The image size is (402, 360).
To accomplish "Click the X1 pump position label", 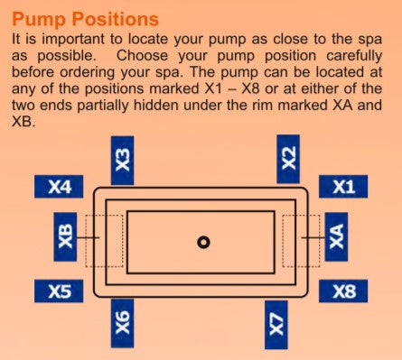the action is click(343, 187).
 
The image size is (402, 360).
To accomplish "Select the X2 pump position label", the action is click(288, 159).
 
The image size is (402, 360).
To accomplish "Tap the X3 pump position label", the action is click(122, 161).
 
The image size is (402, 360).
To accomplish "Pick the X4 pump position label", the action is click(59, 187).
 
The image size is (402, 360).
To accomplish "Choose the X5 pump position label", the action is click(59, 291).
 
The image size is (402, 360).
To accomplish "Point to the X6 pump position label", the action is click(122, 323).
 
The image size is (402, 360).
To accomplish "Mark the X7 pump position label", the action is click(276, 325).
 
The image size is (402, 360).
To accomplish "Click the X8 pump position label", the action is click(343, 291).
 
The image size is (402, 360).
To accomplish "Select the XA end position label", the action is click(336, 236).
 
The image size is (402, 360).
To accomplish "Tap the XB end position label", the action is click(65, 236).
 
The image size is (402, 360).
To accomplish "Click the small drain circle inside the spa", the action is click(203, 242).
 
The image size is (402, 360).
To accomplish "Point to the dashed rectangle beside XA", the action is click(301, 215).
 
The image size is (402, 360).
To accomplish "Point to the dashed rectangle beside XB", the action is click(104, 215).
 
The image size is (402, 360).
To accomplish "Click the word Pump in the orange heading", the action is click(39, 20).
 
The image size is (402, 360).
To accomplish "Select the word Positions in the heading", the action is click(116, 19).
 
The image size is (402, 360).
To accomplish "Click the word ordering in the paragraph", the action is click(88, 73).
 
